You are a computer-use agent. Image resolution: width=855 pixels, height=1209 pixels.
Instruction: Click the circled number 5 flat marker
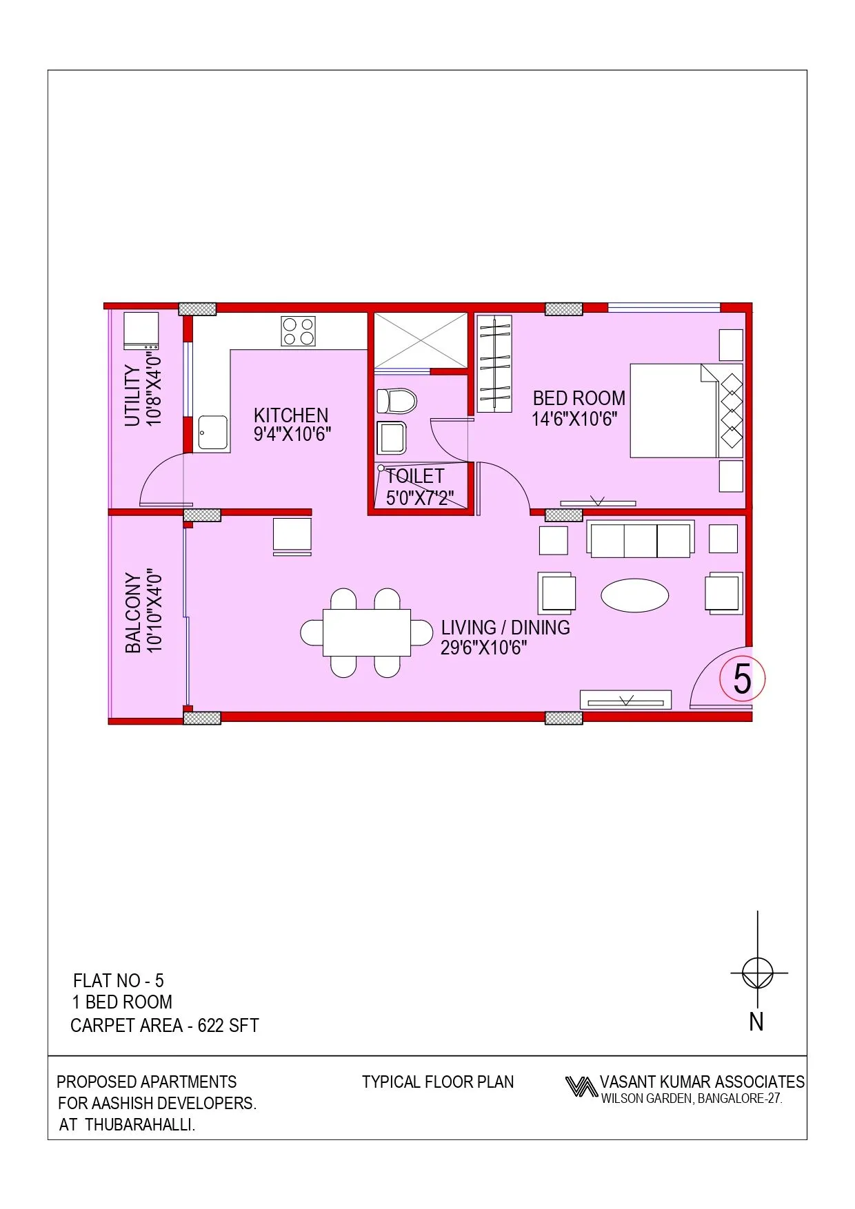(742, 679)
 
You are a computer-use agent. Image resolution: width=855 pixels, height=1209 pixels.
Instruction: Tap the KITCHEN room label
(291, 415)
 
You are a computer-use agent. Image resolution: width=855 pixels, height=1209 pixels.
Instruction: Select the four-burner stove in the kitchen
(299, 331)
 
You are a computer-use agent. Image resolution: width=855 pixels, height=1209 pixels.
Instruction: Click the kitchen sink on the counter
(212, 433)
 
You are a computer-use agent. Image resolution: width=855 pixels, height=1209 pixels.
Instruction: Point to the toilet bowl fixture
(396, 400)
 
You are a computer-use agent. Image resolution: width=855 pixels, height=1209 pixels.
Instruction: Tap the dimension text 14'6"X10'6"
(574, 419)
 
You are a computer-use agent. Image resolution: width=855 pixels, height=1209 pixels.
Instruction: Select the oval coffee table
(634, 595)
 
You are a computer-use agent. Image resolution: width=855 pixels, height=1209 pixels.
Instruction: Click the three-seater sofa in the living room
(641, 539)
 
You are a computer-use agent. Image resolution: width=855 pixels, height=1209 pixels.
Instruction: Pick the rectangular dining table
(367, 632)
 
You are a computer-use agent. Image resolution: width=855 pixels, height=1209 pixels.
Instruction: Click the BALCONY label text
(133, 612)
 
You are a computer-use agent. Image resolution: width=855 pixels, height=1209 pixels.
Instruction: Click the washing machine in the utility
(141, 331)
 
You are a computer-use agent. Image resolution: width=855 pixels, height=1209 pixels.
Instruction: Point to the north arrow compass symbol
(758, 973)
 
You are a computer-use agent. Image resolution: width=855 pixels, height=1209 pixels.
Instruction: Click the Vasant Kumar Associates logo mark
(581, 1086)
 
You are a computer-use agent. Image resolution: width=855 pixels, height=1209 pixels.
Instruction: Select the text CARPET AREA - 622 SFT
(165, 1026)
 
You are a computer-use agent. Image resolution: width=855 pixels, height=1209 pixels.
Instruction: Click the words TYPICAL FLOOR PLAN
(438, 1082)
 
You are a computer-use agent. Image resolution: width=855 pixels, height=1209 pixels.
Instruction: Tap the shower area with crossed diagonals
(421, 340)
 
